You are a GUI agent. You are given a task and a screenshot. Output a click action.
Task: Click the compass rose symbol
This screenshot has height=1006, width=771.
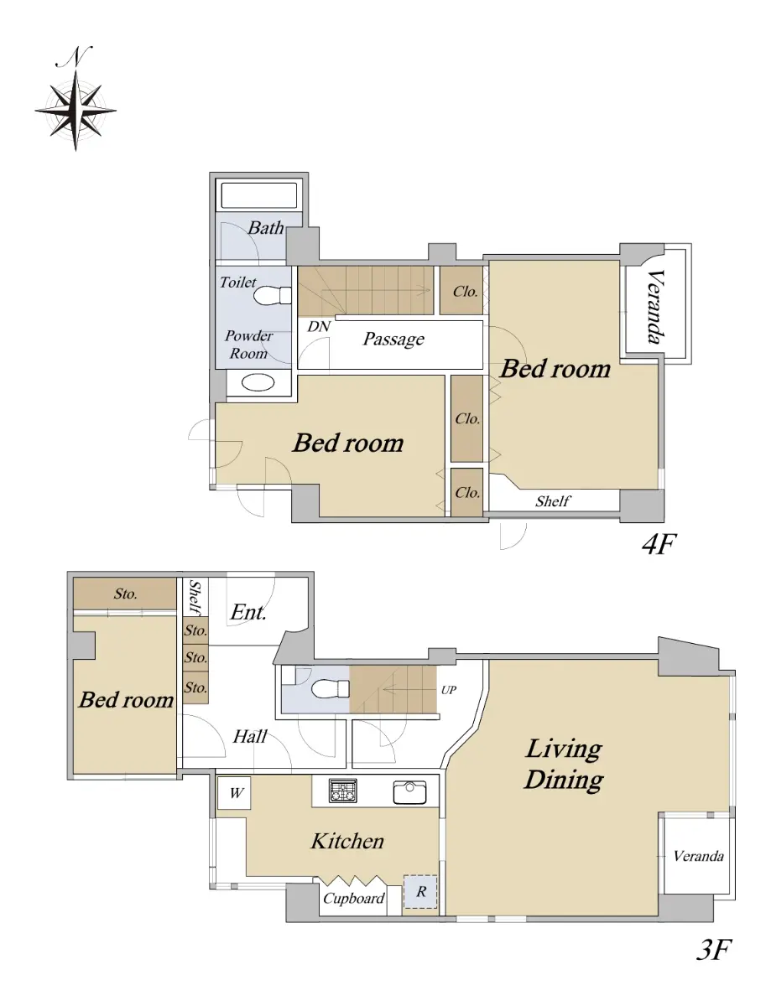(x=76, y=111)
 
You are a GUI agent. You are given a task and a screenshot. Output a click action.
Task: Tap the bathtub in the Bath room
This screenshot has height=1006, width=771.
(x=259, y=196)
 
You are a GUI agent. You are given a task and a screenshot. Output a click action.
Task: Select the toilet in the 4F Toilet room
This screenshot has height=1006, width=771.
(x=273, y=295)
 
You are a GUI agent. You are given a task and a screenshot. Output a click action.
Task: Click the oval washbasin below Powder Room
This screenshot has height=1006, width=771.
(x=258, y=382)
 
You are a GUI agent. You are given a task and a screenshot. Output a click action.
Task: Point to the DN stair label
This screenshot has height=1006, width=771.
(x=319, y=326)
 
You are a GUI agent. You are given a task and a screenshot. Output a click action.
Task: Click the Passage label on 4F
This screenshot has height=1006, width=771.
(x=393, y=339)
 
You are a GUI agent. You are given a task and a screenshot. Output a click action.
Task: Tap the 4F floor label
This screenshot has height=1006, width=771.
(x=659, y=544)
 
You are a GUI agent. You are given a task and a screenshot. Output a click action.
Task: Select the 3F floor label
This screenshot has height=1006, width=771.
(x=714, y=950)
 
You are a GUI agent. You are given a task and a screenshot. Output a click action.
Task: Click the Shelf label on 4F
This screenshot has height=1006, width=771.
(x=553, y=501)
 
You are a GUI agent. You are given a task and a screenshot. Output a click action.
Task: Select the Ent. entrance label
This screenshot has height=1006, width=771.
(x=248, y=613)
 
